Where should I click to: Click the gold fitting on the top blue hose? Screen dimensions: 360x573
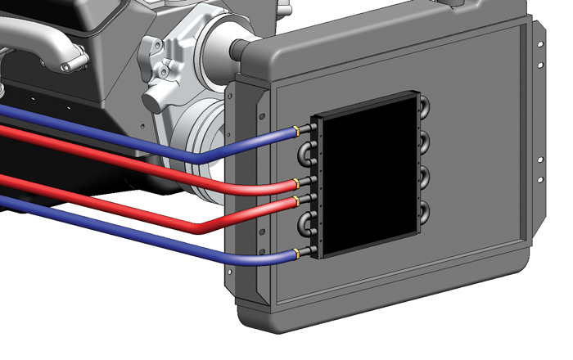[x=296, y=129]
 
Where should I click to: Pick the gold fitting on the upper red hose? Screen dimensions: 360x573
[x=296, y=181]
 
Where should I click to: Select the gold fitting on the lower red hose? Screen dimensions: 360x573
[x=296, y=199]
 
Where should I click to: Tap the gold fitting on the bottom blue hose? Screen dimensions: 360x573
[x=296, y=253]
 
